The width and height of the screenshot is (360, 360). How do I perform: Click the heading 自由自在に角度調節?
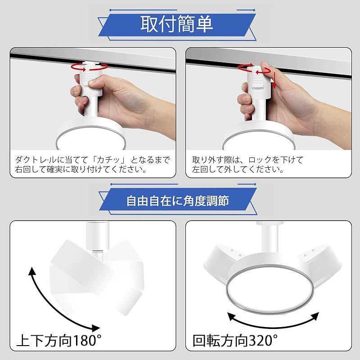pyautogui.click(x=177, y=200)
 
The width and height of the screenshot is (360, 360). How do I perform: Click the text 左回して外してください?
pyautogui.click(x=238, y=171)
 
